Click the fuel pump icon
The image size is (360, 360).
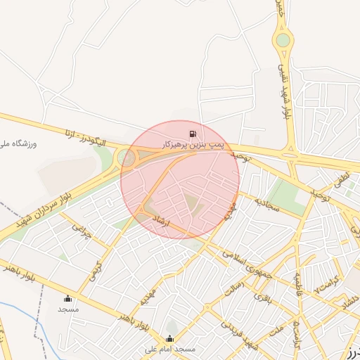coord(192,134)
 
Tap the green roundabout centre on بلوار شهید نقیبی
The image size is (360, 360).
coord(283,40)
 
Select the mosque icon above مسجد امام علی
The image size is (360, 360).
coord(169,338)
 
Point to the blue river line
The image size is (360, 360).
coord(14,309)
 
